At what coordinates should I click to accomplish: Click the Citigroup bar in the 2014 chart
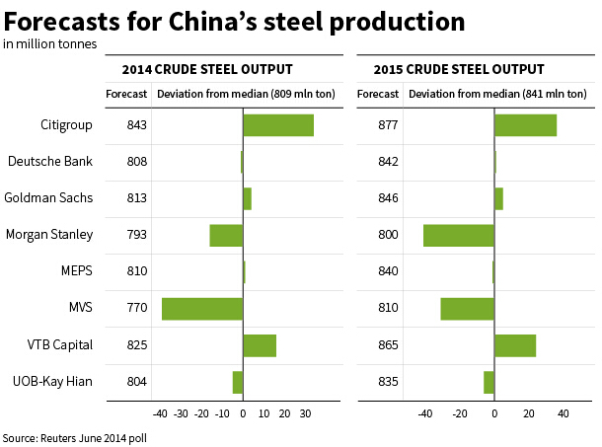pos(278,125)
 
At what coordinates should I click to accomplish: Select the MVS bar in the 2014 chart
pos(202,308)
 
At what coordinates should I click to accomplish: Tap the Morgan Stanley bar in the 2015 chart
pos(459,235)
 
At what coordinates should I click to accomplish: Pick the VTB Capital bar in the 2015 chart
pos(515,345)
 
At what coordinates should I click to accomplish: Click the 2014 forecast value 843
pos(137,125)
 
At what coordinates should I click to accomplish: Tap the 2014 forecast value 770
pos(137,308)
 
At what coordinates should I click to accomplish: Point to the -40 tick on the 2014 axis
pos(160,415)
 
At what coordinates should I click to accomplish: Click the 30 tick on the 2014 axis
pos(305,415)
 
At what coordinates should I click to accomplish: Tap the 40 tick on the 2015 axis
pos(564,415)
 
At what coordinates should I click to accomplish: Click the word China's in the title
pos(247,21)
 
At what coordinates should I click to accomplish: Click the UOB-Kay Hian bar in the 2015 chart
pos(489,382)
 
